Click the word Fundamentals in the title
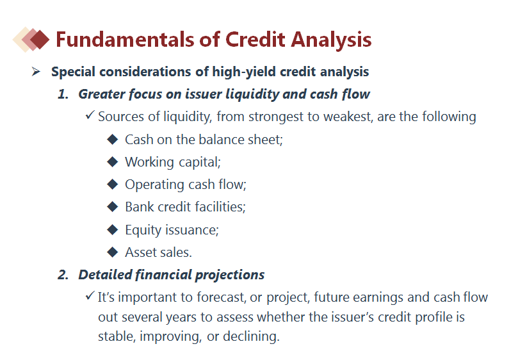point(125,39)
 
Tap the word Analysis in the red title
point(331,40)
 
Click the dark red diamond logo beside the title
point(40,40)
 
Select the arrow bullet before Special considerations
point(36,72)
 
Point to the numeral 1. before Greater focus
point(63,94)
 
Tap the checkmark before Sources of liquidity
point(90,115)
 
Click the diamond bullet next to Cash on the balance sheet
point(112,139)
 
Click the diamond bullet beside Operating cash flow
point(112,184)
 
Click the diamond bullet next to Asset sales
point(112,252)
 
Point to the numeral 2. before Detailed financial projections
point(63,275)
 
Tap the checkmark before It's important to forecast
point(90,296)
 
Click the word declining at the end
point(251,336)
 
